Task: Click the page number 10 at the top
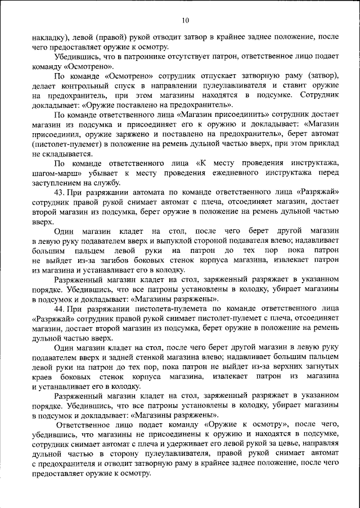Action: coord(186,21)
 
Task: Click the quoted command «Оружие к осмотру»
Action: coord(247,426)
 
